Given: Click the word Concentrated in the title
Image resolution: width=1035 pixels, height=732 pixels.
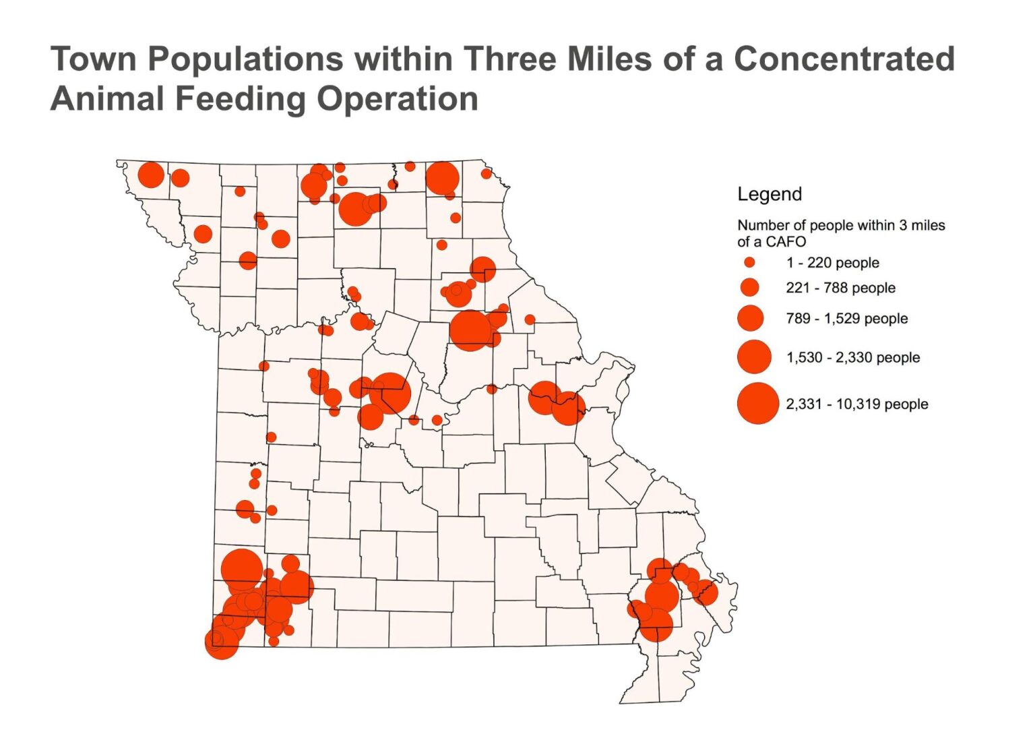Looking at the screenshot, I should click(x=844, y=59).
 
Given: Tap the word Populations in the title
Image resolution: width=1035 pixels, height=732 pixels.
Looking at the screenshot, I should click(x=245, y=59).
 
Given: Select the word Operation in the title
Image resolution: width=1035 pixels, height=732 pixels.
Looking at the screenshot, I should click(x=398, y=98).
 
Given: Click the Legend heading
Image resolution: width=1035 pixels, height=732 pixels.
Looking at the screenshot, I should click(x=770, y=194).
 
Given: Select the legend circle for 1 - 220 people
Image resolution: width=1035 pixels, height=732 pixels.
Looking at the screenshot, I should click(x=749, y=263).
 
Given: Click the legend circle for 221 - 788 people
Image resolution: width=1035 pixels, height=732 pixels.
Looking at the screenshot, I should click(x=749, y=288).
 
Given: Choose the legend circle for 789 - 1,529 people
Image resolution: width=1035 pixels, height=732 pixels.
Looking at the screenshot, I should click(x=750, y=318).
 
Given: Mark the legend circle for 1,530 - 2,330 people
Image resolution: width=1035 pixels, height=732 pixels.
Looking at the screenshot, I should click(x=753, y=357).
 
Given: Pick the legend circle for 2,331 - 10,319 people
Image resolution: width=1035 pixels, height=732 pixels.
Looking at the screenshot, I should click(x=757, y=403).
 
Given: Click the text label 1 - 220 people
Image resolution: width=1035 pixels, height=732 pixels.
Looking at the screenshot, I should click(x=832, y=263).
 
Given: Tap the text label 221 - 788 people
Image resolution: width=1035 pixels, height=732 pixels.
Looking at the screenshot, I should click(x=840, y=288).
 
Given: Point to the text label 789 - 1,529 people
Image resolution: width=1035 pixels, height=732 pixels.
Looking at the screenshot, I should click(x=846, y=318).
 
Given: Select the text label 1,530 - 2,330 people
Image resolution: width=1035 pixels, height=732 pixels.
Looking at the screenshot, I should click(x=852, y=357).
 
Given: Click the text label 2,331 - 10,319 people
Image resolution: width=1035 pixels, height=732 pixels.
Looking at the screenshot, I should click(x=856, y=404).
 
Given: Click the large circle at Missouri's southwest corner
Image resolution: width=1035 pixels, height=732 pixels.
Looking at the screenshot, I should click(x=222, y=642).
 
